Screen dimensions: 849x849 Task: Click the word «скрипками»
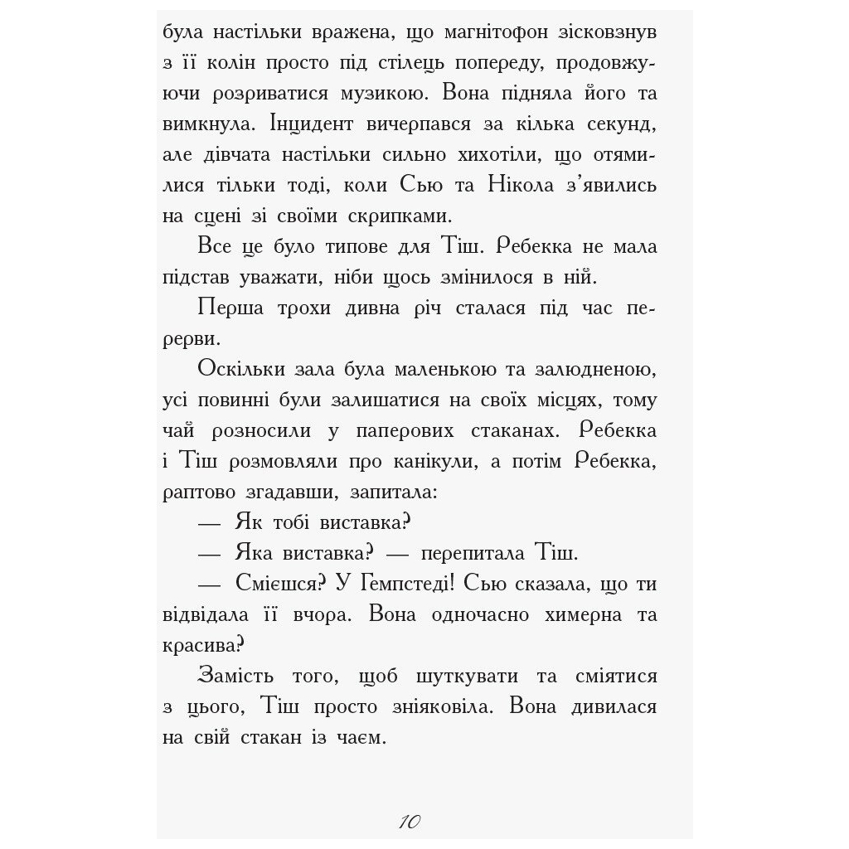pos(401,216)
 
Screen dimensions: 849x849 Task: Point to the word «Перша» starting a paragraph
pos(231,308)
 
